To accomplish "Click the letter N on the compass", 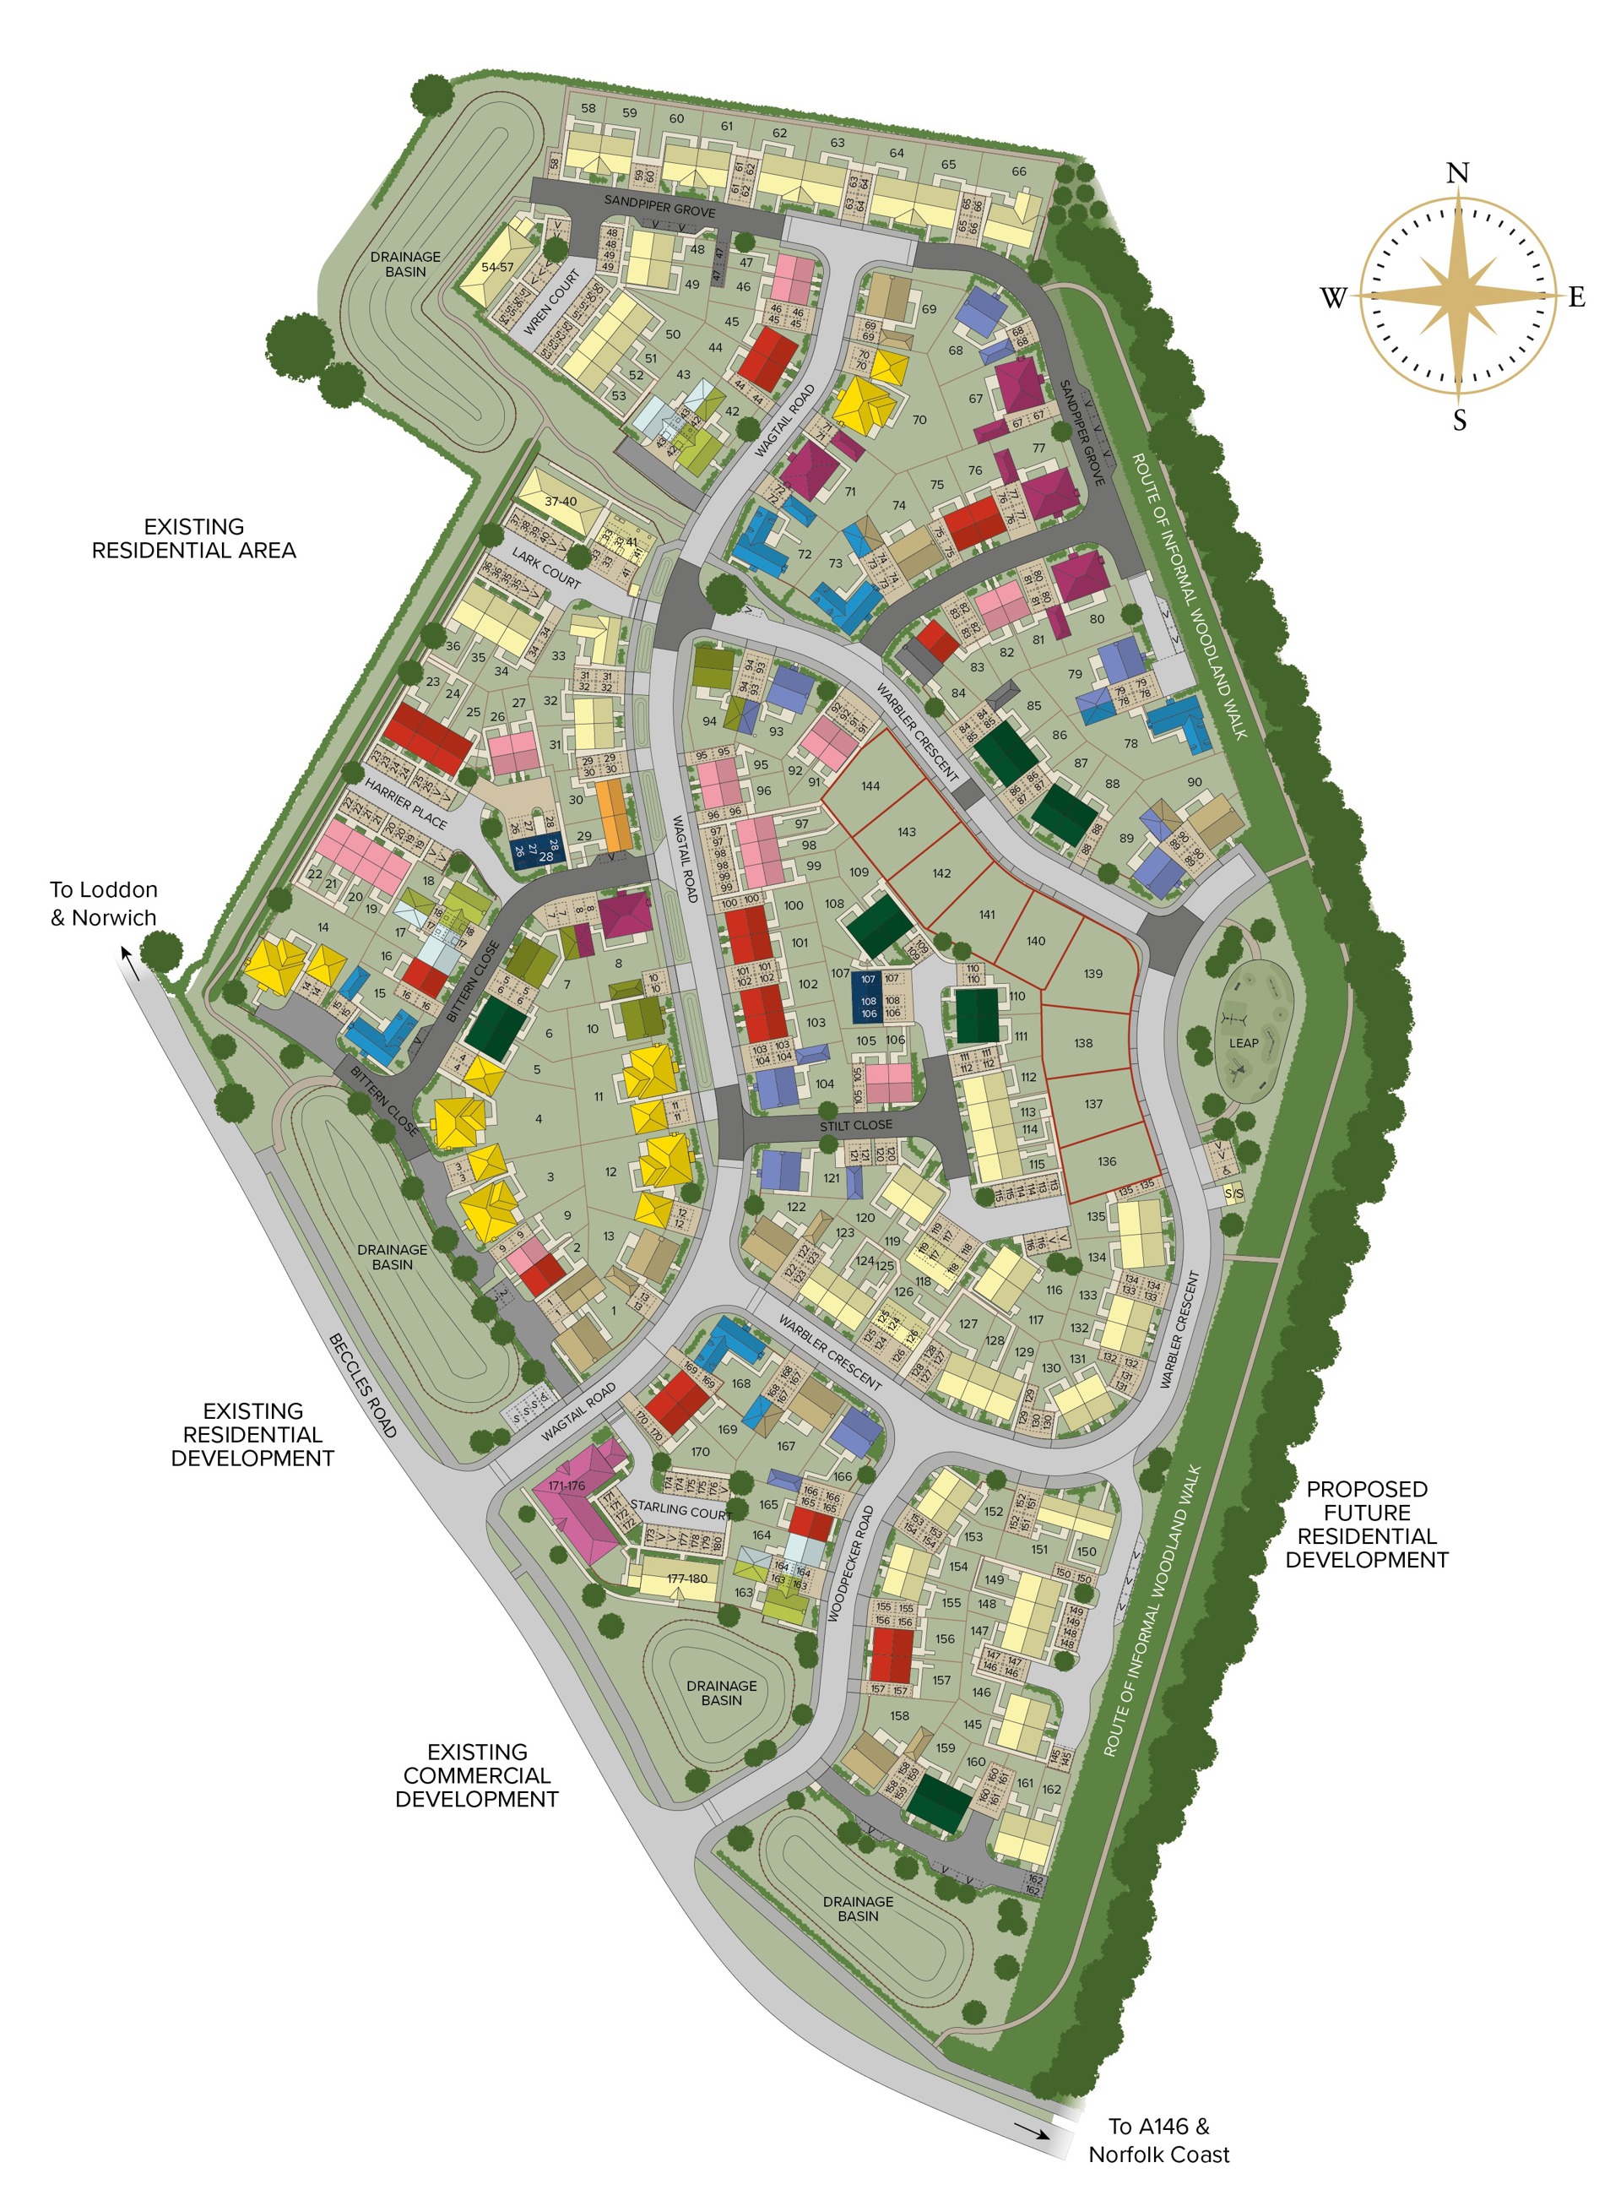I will click(1457, 174).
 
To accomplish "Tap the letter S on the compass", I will click(1459, 421).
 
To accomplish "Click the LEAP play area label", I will click(1244, 1043).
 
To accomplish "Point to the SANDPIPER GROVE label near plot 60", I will click(659, 205).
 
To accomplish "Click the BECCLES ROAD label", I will click(363, 1386).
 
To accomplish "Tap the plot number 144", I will click(870, 786).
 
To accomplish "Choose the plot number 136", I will click(1107, 1161).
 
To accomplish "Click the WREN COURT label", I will click(551, 303).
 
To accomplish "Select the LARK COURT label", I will click(546, 569).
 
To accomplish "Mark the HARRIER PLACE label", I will click(405, 804).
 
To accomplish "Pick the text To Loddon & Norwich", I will click(103, 904).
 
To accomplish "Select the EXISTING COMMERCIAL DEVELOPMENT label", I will click(477, 1775).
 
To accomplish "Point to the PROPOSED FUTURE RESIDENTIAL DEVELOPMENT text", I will click(1366, 1524).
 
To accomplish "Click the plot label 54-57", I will click(497, 267).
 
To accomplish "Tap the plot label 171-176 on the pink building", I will click(567, 1486).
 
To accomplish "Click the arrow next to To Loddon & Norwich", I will click(127, 964).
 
